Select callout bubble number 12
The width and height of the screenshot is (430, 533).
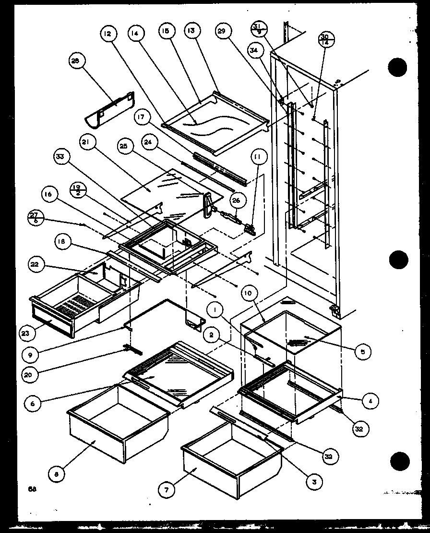click(x=108, y=34)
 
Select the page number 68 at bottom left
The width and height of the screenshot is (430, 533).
click(x=32, y=489)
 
